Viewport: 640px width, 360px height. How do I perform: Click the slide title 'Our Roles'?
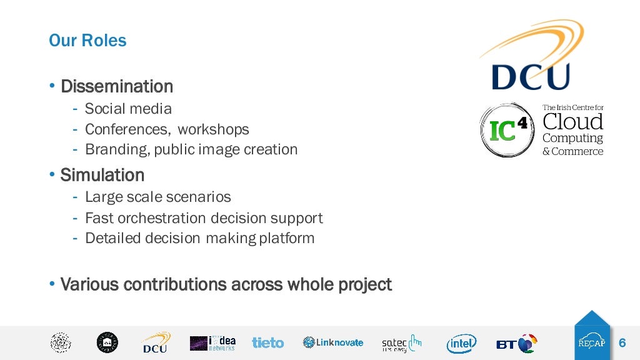coord(87,41)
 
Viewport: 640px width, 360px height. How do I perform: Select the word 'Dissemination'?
coord(116,86)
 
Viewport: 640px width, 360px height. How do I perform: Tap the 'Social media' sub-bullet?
coord(128,109)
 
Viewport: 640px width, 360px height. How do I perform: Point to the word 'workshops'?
coord(213,129)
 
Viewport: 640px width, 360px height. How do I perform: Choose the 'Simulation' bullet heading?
coord(102,175)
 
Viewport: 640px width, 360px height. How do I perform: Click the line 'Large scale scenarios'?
coord(157,197)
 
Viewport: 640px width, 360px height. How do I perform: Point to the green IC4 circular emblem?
coord(506,130)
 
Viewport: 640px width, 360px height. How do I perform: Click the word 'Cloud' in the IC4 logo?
coord(572,121)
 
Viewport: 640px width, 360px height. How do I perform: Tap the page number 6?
coord(622,343)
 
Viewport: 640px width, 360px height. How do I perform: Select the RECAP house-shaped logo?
coord(591,336)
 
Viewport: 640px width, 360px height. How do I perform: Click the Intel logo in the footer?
coord(461,343)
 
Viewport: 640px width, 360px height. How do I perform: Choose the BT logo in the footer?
coord(517,343)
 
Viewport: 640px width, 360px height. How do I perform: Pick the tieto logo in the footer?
coord(267,342)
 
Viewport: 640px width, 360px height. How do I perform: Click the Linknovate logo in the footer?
coord(332,342)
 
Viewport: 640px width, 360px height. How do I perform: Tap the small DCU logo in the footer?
coord(154,343)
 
